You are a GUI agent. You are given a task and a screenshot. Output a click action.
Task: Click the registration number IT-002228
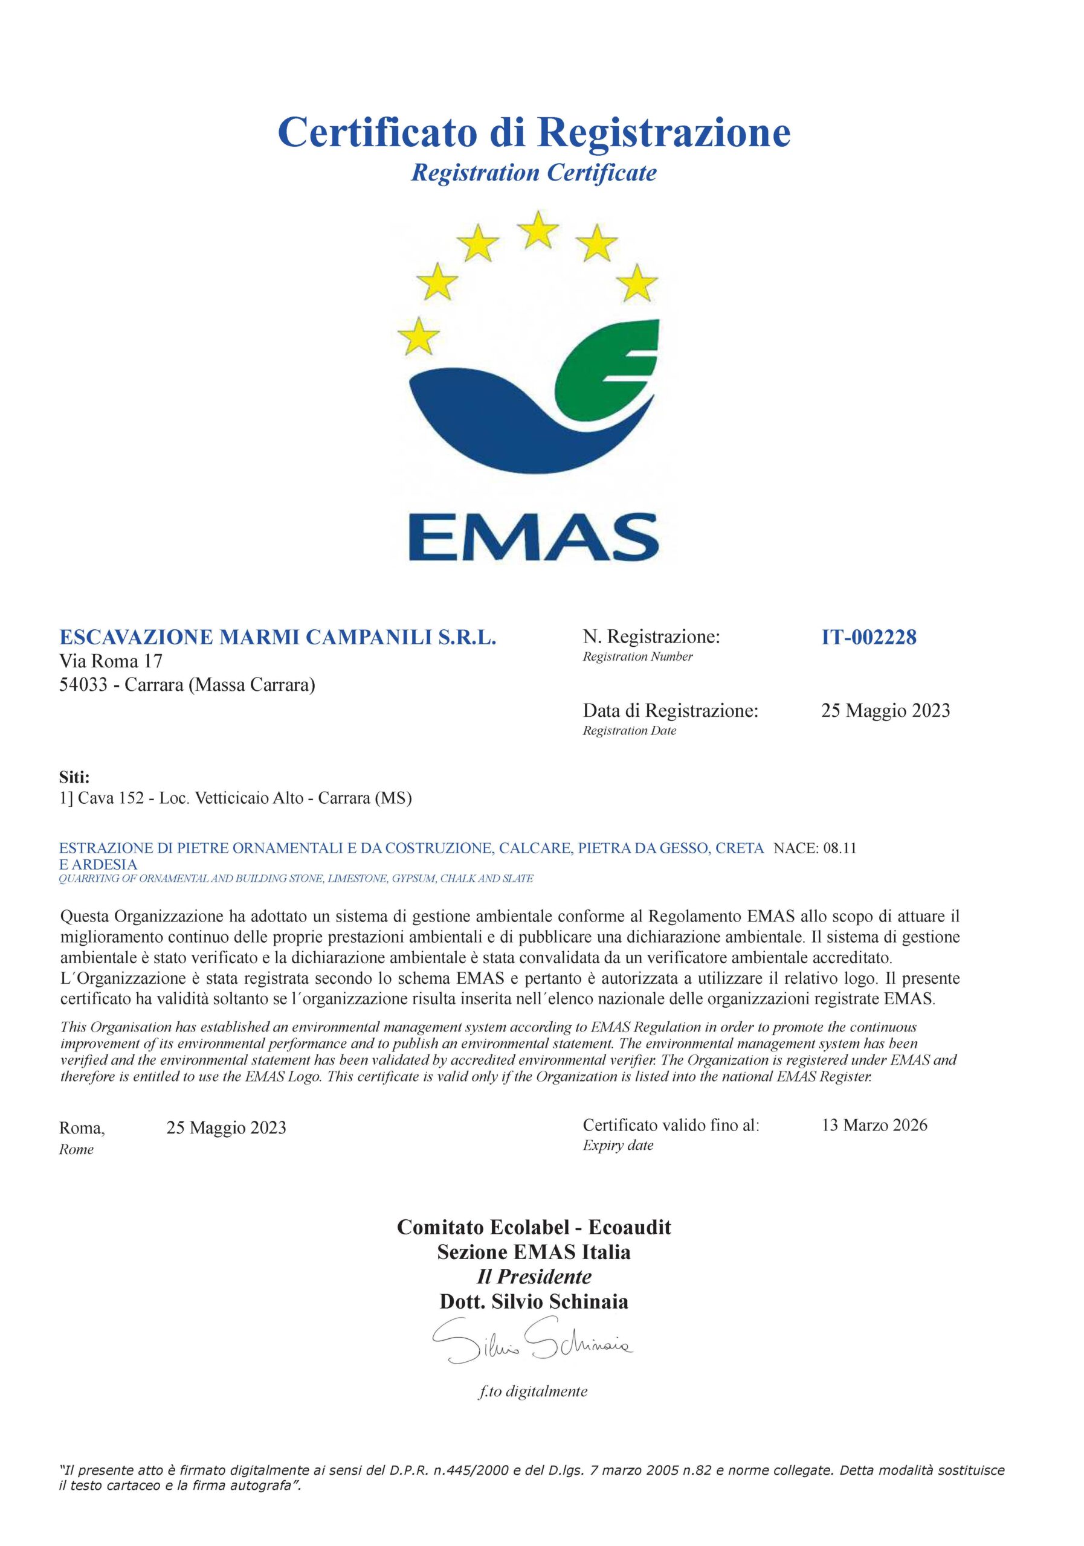868,637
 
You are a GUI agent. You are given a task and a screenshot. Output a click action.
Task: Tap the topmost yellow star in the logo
537,229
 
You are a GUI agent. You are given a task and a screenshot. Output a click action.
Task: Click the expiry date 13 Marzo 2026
874,1125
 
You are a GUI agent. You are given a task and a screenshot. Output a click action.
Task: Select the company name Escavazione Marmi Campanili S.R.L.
277,637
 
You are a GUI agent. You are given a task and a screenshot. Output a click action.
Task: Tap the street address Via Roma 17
111,661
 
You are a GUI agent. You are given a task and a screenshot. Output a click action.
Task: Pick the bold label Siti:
74,778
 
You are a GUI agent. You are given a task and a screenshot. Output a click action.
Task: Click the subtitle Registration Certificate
534,173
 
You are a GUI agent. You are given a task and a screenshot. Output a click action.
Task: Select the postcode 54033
83,685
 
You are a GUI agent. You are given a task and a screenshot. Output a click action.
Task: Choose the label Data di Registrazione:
670,710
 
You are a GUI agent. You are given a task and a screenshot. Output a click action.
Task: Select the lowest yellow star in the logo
418,336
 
